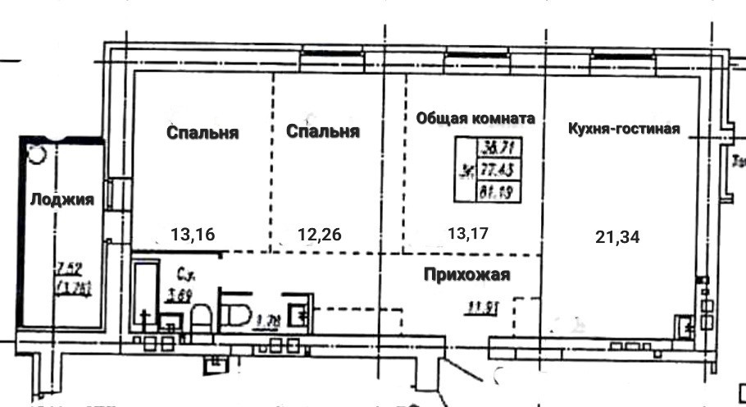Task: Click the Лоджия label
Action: coord(61,199)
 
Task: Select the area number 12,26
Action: coord(319,235)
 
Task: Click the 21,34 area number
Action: coord(616,237)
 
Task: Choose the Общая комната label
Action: coord(475,118)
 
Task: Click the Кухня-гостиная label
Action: coord(624,129)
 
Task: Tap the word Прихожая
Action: coord(467,275)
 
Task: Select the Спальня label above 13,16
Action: coord(202,133)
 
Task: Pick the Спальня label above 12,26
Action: coord(323,131)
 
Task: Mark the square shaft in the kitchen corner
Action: coord(685,325)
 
